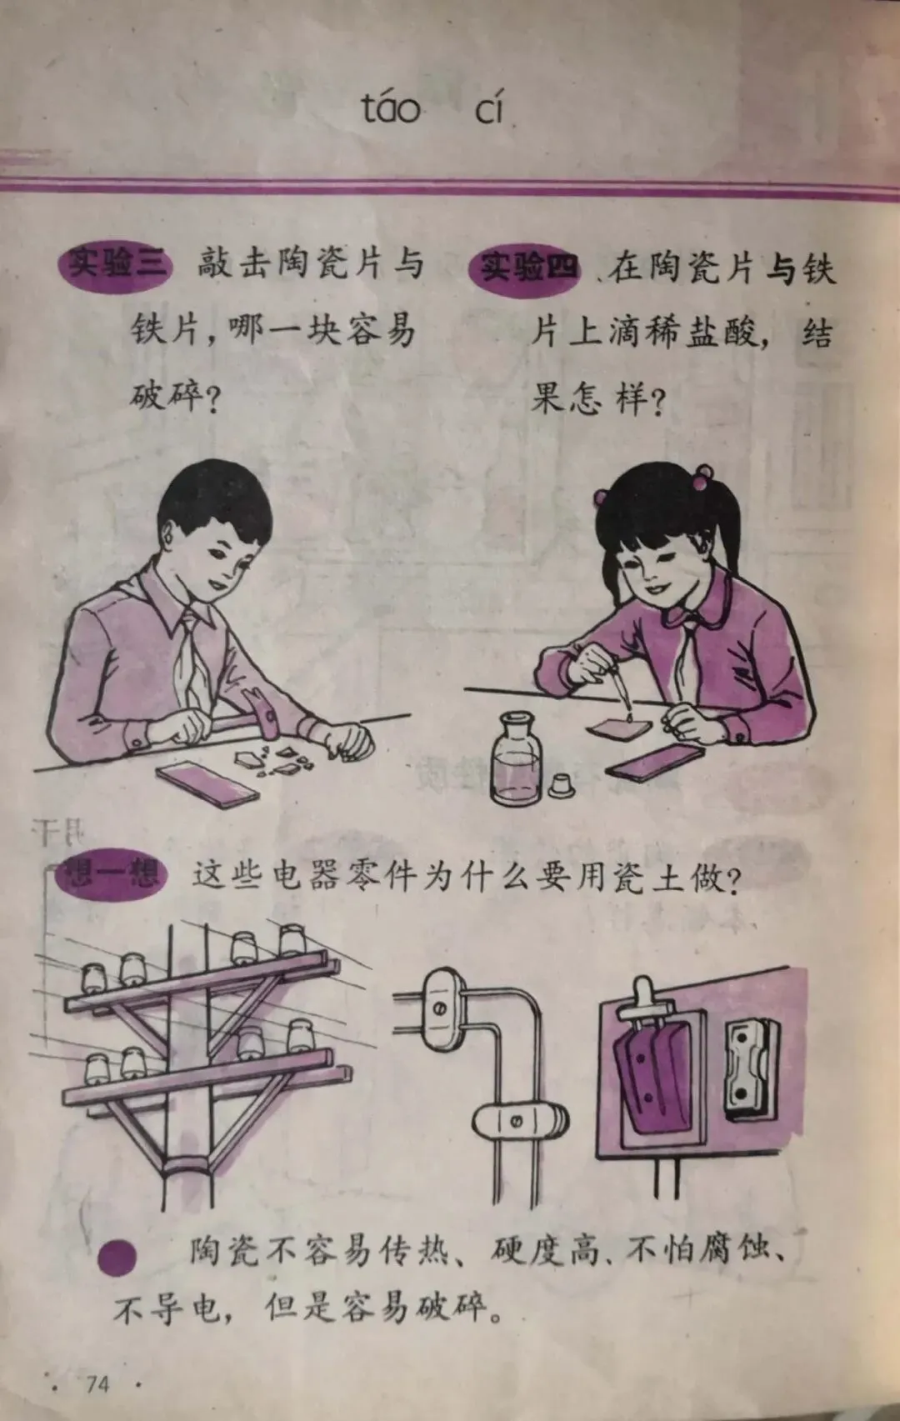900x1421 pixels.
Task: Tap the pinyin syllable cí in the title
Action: tap(489, 108)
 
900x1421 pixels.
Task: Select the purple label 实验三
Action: tap(115, 265)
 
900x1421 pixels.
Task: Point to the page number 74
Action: tap(97, 1383)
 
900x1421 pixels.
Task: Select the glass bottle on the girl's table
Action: tap(516, 758)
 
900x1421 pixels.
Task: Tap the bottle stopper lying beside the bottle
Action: tap(562, 786)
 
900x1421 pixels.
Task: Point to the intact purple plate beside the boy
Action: tap(207, 784)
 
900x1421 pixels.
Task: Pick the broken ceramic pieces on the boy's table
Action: tap(275, 761)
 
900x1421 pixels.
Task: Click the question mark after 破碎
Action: tap(212, 399)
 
